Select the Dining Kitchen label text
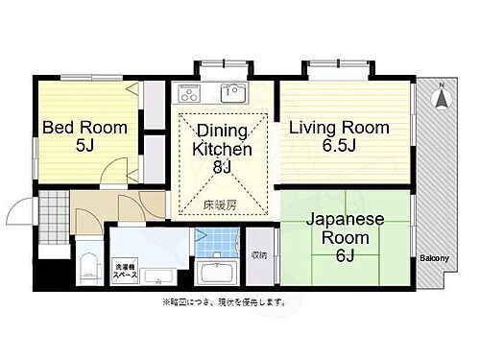(223, 140)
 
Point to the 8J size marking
(223, 166)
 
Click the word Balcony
(436, 259)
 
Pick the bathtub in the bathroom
(219, 272)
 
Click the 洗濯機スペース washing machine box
(128, 271)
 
